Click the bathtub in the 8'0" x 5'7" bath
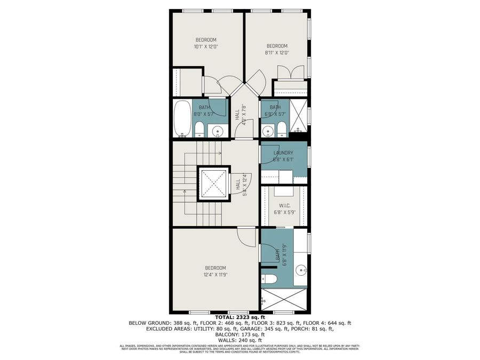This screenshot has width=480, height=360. click(x=182, y=118)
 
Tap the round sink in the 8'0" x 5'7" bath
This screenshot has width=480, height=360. click(x=217, y=130)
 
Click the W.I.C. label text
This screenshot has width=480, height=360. click(x=284, y=205)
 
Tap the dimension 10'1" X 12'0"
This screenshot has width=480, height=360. click(x=206, y=47)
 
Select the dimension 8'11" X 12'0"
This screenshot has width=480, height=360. click(x=277, y=52)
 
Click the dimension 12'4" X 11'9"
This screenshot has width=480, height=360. click(x=215, y=275)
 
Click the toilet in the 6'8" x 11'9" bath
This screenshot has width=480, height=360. click(x=268, y=278)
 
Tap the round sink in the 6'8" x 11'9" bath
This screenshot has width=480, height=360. click(x=300, y=269)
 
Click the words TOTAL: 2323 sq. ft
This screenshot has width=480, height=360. click(x=239, y=317)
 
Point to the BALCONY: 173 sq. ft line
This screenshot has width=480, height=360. click(x=239, y=335)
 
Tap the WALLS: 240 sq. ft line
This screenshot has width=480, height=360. click(x=239, y=340)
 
